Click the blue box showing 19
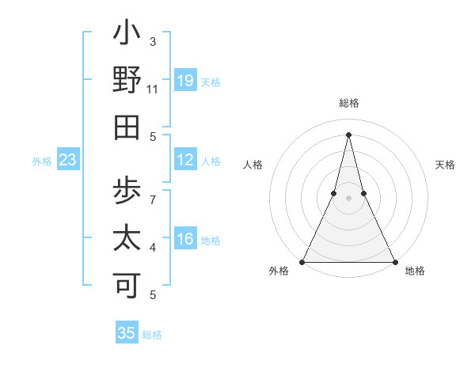[x=185, y=80]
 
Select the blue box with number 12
[x=185, y=160]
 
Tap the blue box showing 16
[x=185, y=239]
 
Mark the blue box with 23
[x=68, y=160]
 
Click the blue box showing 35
[x=127, y=332]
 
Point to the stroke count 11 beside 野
[x=153, y=90]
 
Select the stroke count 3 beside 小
[x=153, y=41]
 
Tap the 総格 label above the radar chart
[x=349, y=103]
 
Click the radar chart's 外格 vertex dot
[x=302, y=261]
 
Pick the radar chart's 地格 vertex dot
[x=394, y=261]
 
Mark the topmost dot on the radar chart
[x=348, y=134]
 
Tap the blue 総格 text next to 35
[x=153, y=335]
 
